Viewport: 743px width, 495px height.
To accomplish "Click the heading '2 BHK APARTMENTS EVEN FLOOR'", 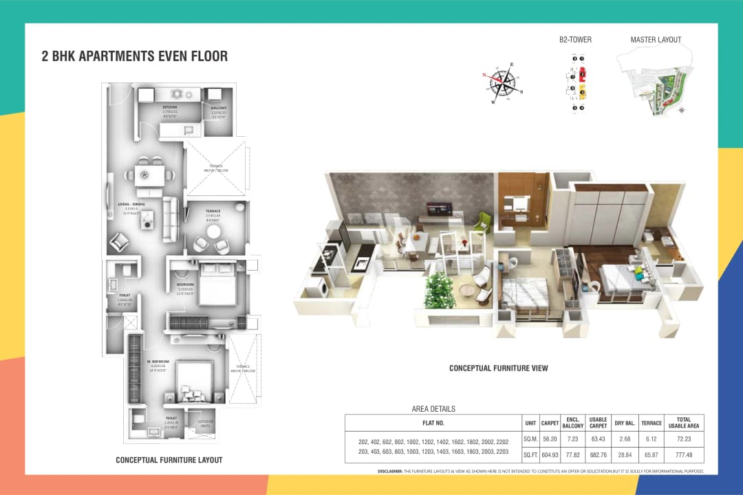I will click(x=135, y=56).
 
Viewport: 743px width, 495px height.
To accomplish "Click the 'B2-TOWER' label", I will click(x=575, y=40).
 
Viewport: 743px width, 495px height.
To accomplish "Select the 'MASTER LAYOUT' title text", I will click(x=656, y=40).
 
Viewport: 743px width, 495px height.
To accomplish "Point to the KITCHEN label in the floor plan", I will click(x=170, y=108).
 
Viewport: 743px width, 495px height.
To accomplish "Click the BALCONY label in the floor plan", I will click(x=219, y=108).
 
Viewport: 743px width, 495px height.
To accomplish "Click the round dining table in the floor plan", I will click(x=145, y=175).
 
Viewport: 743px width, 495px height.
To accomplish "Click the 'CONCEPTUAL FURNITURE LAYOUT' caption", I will click(x=169, y=460).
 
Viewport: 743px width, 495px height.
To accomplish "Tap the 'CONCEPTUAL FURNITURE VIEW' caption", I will click(x=499, y=368).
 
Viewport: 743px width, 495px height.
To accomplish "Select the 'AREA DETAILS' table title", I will click(x=433, y=409).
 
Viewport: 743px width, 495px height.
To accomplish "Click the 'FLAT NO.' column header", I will click(x=433, y=423).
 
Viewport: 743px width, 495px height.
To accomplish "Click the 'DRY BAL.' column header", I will click(x=624, y=423).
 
